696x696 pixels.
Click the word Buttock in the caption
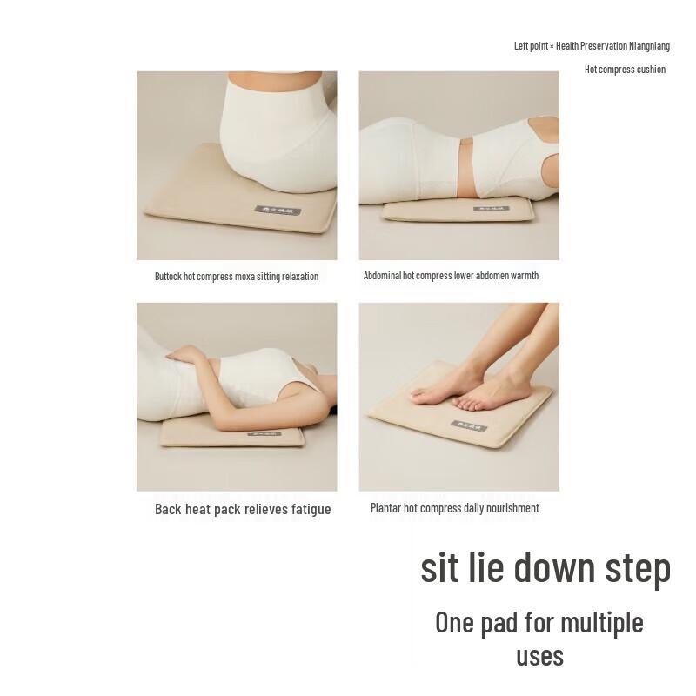click(169, 277)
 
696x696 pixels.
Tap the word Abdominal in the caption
click(382, 276)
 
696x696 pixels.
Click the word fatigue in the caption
click(309, 510)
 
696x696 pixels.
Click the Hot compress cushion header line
click(625, 70)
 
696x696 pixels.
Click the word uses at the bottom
click(539, 656)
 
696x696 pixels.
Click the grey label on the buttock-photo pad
click(278, 211)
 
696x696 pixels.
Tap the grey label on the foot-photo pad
click(468, 425)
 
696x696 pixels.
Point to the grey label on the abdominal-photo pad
click(490, 209)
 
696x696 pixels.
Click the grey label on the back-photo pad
click(264, 432)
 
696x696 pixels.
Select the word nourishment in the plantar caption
click(509, 508)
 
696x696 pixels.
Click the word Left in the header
click(522, 46)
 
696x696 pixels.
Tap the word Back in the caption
click(169, 510)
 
